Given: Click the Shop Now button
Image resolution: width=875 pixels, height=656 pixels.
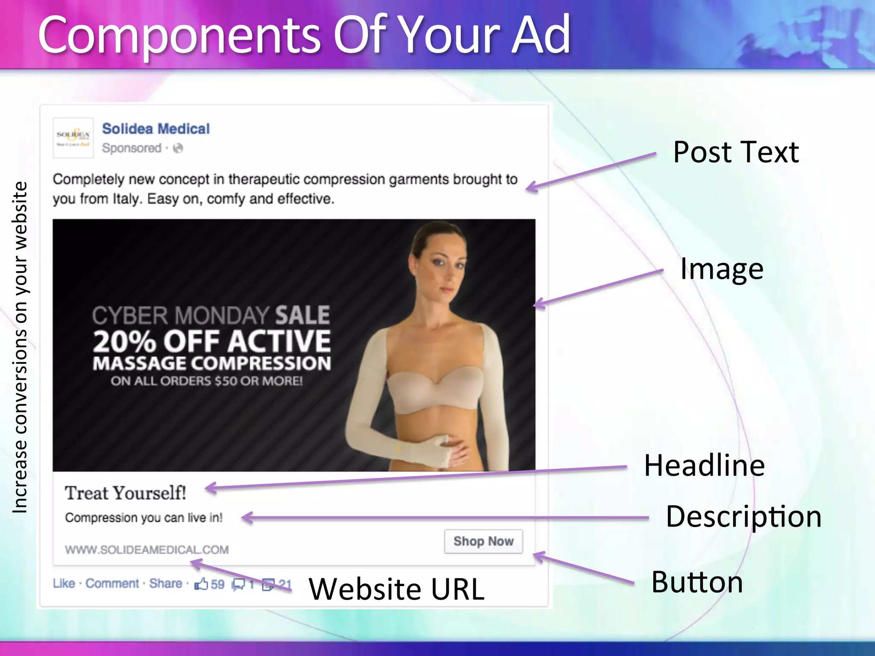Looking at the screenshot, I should pyautogui.click(x=483, y=542).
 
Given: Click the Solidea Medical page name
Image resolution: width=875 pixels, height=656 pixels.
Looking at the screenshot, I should pyautogui.click(x=156, y=129).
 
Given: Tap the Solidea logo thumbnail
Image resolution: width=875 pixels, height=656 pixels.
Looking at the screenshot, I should pyautogui.click(x=73, y=138).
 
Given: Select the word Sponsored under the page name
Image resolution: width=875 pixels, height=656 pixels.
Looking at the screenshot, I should pyautogui.click(x=132, y=148).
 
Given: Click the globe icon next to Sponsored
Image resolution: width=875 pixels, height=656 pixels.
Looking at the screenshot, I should pyautogui.click(x=178, y=148).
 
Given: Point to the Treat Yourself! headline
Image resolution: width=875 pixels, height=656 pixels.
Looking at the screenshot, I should pyautogui.click(x=125, y=493).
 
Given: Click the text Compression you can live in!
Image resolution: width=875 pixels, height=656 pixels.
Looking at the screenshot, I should pyautogui.click(x=144, y=518).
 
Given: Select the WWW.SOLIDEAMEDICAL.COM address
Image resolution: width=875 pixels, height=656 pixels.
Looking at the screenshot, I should pyautogui.click(x=147, y=550).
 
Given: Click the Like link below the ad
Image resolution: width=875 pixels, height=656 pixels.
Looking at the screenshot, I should pyautogui.click(x=64, y=583).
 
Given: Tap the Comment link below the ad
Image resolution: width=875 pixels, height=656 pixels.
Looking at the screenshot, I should pyautogui.click(x=112, y=583).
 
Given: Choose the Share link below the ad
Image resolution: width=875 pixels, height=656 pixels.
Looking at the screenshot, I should pyautogui.click(x=165, y=583).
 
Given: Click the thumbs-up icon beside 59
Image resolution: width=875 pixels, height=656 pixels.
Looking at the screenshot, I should pyautogui.click(x=201, y=583).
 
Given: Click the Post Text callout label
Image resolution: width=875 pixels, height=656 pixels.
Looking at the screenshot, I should pyautogui.click(x=736, y=152).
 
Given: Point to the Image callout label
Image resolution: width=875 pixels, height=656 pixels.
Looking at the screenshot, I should pyautogui.click(x=722, y=269).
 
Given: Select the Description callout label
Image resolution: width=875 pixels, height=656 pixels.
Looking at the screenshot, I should pyautogui.click(x=743, y=517).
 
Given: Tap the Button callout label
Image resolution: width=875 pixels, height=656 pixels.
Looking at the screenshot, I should pyautogui.click(x=697, y=582).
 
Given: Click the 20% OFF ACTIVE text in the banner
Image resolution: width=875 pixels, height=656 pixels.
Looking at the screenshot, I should pyautogui.click(x=212, y=342).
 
